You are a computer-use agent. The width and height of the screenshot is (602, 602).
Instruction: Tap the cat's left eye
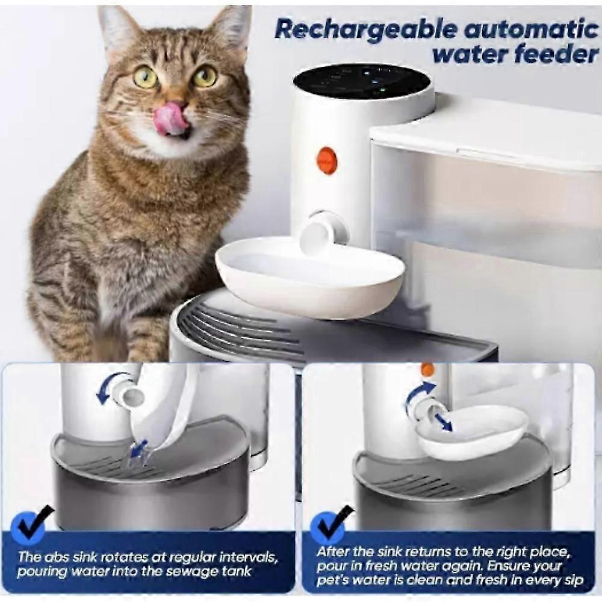tap(204, 75)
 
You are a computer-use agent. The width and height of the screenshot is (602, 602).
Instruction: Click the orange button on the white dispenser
tap(326, 159)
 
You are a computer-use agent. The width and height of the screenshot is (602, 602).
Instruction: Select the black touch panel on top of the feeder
tap(362, 82)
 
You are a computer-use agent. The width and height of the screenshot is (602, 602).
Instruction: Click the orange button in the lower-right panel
tap(427, 370)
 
